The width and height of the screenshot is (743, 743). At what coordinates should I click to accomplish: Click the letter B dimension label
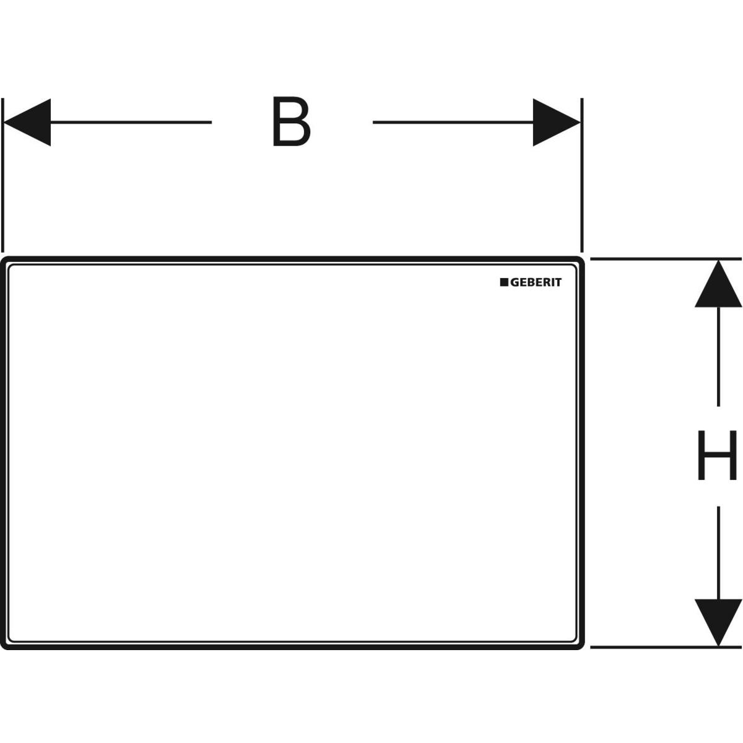point(291,123)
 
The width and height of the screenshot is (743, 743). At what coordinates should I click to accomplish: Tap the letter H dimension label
point(718,456)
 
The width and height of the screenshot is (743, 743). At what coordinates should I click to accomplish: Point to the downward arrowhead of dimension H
point(718,622)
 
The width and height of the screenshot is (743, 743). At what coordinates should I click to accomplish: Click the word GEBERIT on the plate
point(536,282)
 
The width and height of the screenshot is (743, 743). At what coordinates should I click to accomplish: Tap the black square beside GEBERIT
point(504,282)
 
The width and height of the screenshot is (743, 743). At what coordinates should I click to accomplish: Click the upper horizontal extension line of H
point(666,259)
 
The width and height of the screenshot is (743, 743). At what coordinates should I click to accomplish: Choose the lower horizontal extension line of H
point(666,647)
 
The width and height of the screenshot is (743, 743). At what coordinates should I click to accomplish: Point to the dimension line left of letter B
point(130,123)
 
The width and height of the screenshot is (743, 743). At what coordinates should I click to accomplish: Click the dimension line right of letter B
point(452,123)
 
